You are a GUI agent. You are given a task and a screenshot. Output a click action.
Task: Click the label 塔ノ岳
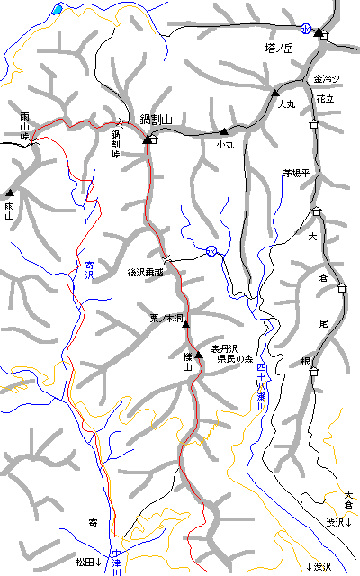point(281,49)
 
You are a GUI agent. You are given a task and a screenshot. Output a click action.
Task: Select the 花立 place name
point(325,99)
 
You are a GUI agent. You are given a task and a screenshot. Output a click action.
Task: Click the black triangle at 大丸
point(276,93)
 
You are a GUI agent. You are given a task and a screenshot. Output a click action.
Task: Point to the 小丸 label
point(224,143)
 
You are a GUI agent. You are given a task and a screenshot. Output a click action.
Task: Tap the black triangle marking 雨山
point(10,193)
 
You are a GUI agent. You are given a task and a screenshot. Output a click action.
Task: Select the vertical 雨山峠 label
point(25,128)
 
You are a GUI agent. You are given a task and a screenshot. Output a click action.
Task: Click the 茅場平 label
point(296,173)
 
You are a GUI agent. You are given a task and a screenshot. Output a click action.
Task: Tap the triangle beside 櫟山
point(199,355)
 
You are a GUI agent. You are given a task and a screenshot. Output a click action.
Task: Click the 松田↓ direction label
point(88,562)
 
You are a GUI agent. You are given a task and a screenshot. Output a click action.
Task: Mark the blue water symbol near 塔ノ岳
point(306,29)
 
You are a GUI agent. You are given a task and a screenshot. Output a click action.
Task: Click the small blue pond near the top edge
point(58,10)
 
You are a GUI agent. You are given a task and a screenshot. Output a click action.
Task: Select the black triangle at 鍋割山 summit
point(147,139)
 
